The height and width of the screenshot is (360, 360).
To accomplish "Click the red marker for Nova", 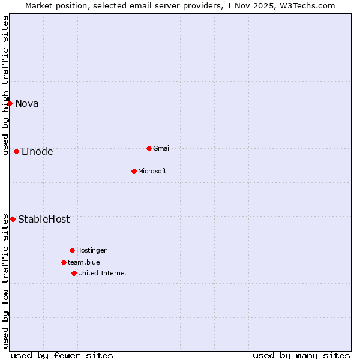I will point(10,103).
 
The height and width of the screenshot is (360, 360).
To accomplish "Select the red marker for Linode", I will point(16,151).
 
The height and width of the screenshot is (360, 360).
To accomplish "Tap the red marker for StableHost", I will point(13,219).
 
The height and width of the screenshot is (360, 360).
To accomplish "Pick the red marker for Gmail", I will point(149,148).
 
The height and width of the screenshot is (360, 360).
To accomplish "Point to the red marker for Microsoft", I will point(134,171).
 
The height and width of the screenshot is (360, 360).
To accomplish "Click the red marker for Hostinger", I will point(72,250).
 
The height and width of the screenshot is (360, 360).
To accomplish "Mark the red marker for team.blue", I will point(64,262).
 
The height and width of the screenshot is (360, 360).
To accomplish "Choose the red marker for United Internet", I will point(74,273).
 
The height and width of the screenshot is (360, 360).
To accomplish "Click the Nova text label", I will point(27,103).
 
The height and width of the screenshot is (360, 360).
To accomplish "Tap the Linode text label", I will point(37,151).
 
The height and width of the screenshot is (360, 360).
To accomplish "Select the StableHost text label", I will point(44,219).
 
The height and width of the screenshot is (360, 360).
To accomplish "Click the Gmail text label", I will point(162,148).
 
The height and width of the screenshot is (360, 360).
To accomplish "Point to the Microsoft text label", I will point(152,171).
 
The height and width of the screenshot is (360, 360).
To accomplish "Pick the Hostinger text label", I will point(91,250).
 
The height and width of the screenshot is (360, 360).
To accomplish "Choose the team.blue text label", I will point(84,262).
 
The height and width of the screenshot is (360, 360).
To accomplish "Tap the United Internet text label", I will point(103,273).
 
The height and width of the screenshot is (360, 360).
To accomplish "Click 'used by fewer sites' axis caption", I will point(62,355).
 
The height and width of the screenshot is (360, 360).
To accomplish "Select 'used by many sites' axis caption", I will point(301,355).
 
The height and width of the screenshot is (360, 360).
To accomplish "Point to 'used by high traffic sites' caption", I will point(5,85).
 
